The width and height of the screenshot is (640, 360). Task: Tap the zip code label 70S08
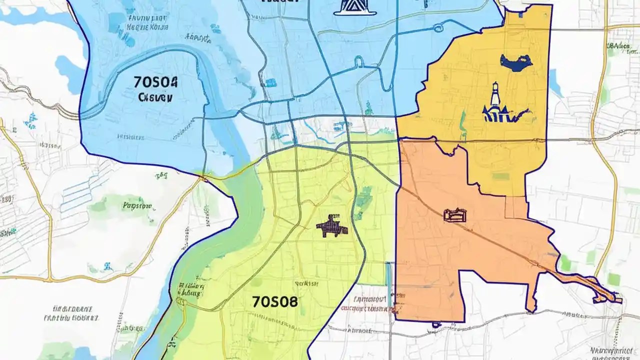point(274,301)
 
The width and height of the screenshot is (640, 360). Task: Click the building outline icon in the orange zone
point(455,215)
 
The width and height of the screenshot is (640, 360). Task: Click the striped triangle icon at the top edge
point(354,7)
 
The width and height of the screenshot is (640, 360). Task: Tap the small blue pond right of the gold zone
point(554,79)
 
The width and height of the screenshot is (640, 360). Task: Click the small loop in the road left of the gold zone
point(358,61)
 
